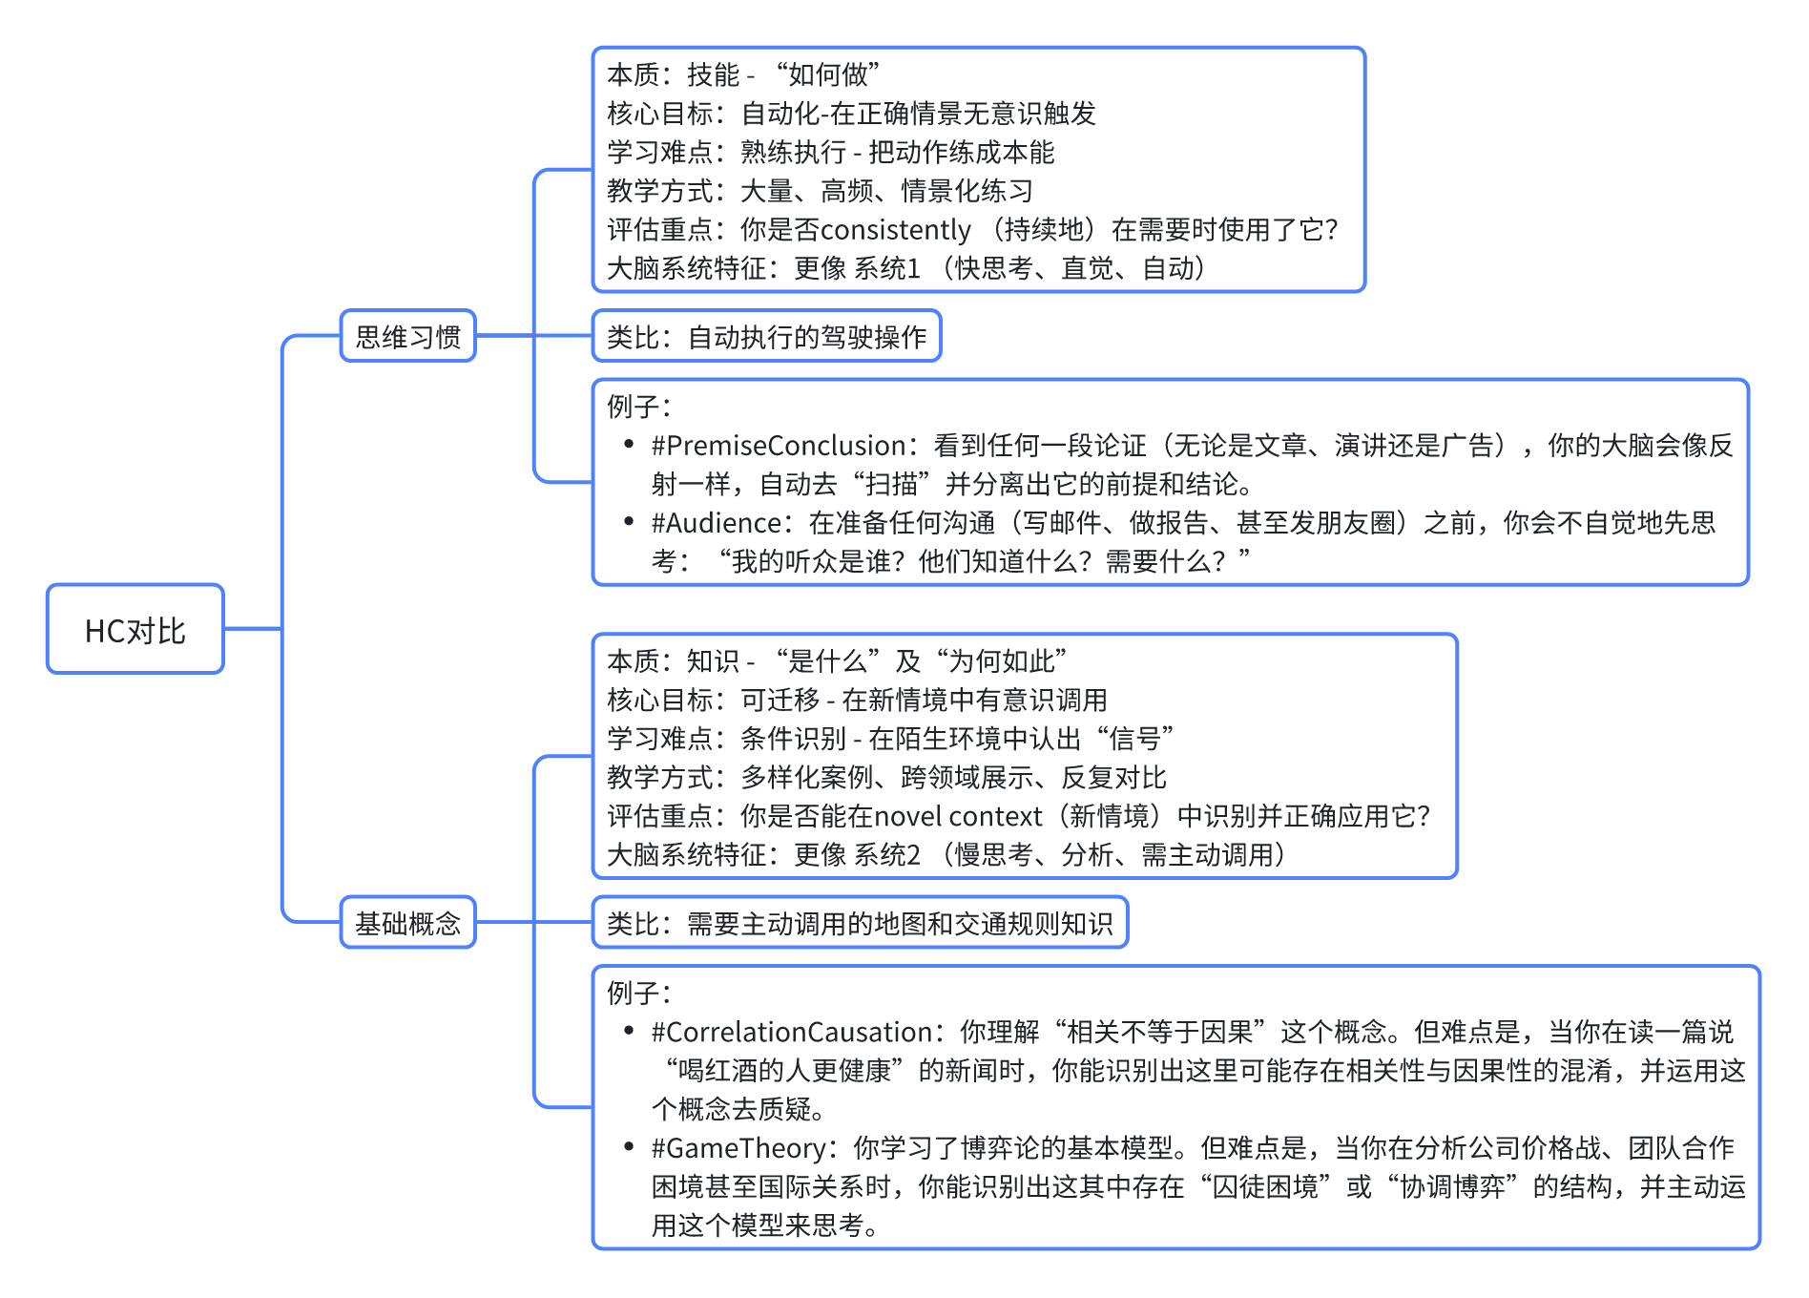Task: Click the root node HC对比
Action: [x=135, y=630]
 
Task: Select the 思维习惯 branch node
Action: [x=408, y=336]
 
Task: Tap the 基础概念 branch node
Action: [x=408, y=923]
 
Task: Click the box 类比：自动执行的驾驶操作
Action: [x=766, y=336]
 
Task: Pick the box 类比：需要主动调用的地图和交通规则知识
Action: [x=860, y=923]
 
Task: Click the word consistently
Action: [x=895, y=230]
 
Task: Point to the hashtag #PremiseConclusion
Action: [x=779, y=446]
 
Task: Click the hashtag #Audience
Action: [x=717, y=523]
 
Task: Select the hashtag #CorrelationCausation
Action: [x=791, y=1032]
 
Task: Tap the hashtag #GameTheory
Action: [x=738, y=1148]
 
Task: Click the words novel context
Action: [x=958, y=816]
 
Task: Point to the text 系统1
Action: [x=887, y=268]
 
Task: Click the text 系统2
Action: [x=887, y=855]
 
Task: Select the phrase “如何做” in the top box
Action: [x=827, y=74]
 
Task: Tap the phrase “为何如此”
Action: [x=1002, y=660]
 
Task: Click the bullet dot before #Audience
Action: [x=629, y=521]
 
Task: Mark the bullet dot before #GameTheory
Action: [x=629, y=1146]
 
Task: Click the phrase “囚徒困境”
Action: [x=1265, y=1186]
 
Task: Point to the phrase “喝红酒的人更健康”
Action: [x=784, y=1071]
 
